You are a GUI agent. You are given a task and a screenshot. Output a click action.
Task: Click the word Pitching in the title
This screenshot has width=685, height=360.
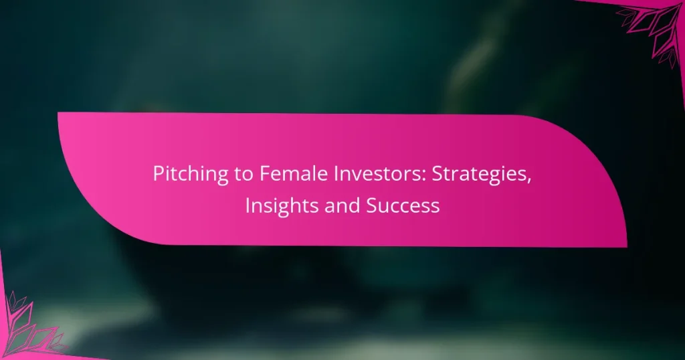pyautogui.click(x=185, y=175)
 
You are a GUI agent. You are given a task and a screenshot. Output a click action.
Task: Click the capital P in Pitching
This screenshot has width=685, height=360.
pyautogui.click(x=159, y=175)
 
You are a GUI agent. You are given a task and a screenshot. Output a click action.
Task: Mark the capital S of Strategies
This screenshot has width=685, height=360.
pyautogui.click(x=415, y=175)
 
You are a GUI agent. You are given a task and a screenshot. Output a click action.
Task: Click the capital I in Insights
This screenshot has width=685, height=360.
pyautogui.click(x=248, y=205)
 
